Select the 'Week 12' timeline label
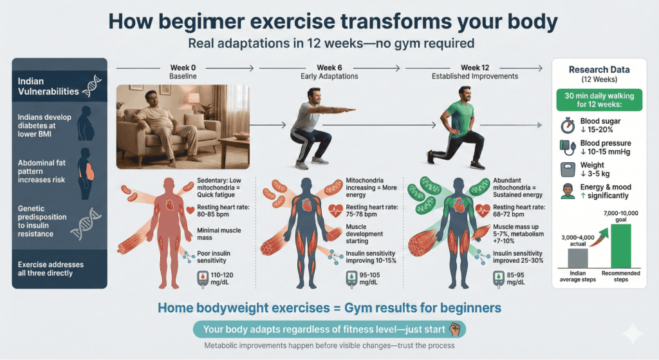(476, 68)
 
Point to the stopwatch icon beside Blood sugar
(567, 126)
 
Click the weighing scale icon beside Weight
(567, 169)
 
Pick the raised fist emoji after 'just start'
(455, 330)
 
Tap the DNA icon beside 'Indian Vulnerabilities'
(90, 86)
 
